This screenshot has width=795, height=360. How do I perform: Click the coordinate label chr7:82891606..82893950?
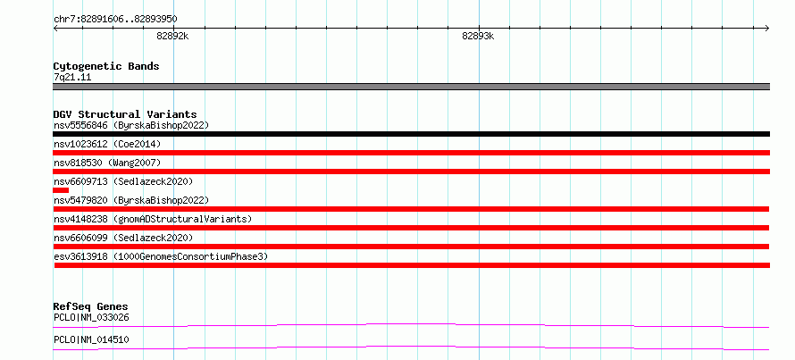[x=115, y=19]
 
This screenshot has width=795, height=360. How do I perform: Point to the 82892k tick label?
[x=173, y=36]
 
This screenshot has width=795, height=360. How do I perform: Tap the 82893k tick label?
[x=478, y=36]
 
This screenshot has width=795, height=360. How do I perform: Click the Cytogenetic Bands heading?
[x=106, y=66]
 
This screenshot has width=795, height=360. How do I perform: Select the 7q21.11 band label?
[x=72, y=78]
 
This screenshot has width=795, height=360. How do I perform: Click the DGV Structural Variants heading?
[x=125, y=114]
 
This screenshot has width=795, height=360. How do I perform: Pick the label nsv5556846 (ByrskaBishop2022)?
[x=130, y=125]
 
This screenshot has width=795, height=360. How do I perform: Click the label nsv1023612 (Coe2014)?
[x=107, y=144]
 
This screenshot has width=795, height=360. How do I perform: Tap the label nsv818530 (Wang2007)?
[x=107, y=163]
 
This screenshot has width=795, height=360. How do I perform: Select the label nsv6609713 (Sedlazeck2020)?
[x=123, y=181]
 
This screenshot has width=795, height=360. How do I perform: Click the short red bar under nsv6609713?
[x=61, y=190]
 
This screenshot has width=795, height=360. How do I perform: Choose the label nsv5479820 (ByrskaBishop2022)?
[x=130, y=200]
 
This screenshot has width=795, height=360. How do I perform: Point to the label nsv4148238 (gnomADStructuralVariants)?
[x=153, y=219]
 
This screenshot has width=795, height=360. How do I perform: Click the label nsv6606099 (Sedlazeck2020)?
[x=123, y=238]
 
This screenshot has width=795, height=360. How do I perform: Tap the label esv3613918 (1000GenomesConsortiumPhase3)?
[x=161, y=256]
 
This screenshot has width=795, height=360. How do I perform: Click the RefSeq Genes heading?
[x=91, y=306]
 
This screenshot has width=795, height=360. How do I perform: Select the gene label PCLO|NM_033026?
[x=91, y=318]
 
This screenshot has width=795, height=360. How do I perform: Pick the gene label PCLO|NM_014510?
[x=91, y=339]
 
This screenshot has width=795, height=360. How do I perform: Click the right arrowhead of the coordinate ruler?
[x=768, y=29]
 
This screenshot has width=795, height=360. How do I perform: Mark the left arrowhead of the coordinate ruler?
[x=54, y=29]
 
